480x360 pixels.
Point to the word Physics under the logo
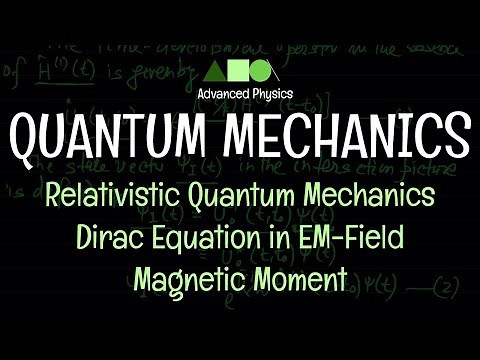pos(265,96)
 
